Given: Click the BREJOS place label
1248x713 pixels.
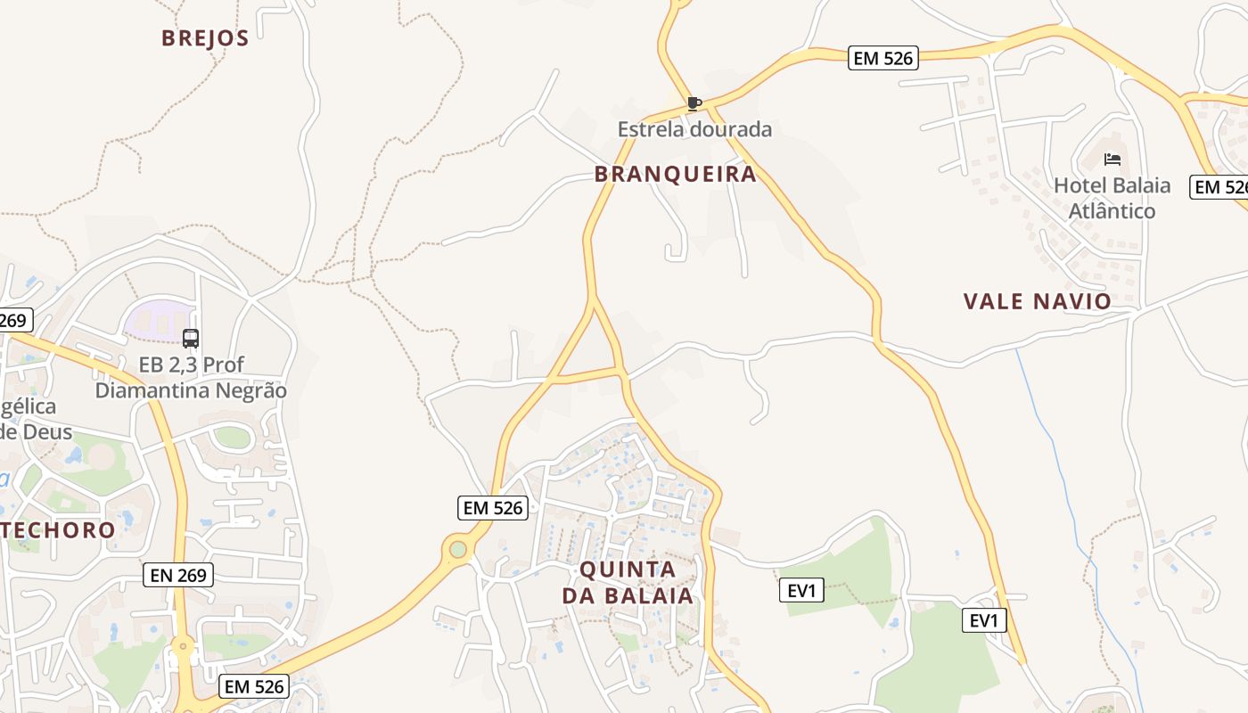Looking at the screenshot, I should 204,37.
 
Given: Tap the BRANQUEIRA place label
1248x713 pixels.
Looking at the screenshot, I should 676,174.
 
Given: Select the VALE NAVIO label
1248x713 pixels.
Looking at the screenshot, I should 1037,301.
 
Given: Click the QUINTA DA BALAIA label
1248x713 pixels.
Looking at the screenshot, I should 628,582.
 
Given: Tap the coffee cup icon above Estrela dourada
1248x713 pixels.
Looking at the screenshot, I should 694,103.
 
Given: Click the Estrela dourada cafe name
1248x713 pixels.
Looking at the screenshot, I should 694,129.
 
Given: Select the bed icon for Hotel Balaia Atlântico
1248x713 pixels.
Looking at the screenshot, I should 1112,160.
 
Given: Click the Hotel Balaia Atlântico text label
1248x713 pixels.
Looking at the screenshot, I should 1112,198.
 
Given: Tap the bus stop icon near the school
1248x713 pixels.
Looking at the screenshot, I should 191,339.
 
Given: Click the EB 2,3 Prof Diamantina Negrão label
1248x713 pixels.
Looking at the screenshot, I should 191,378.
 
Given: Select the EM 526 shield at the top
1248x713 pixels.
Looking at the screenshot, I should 883,58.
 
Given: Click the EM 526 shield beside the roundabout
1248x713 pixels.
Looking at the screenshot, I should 493,508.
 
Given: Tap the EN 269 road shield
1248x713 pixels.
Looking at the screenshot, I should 178,575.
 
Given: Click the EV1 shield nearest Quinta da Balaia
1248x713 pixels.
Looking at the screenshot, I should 801,590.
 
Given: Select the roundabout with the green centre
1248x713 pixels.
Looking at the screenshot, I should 458,549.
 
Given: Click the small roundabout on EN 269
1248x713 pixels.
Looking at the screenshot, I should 184,646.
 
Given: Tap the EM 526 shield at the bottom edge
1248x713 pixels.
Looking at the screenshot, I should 254,686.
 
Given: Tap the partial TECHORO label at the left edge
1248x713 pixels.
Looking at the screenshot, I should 58,530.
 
